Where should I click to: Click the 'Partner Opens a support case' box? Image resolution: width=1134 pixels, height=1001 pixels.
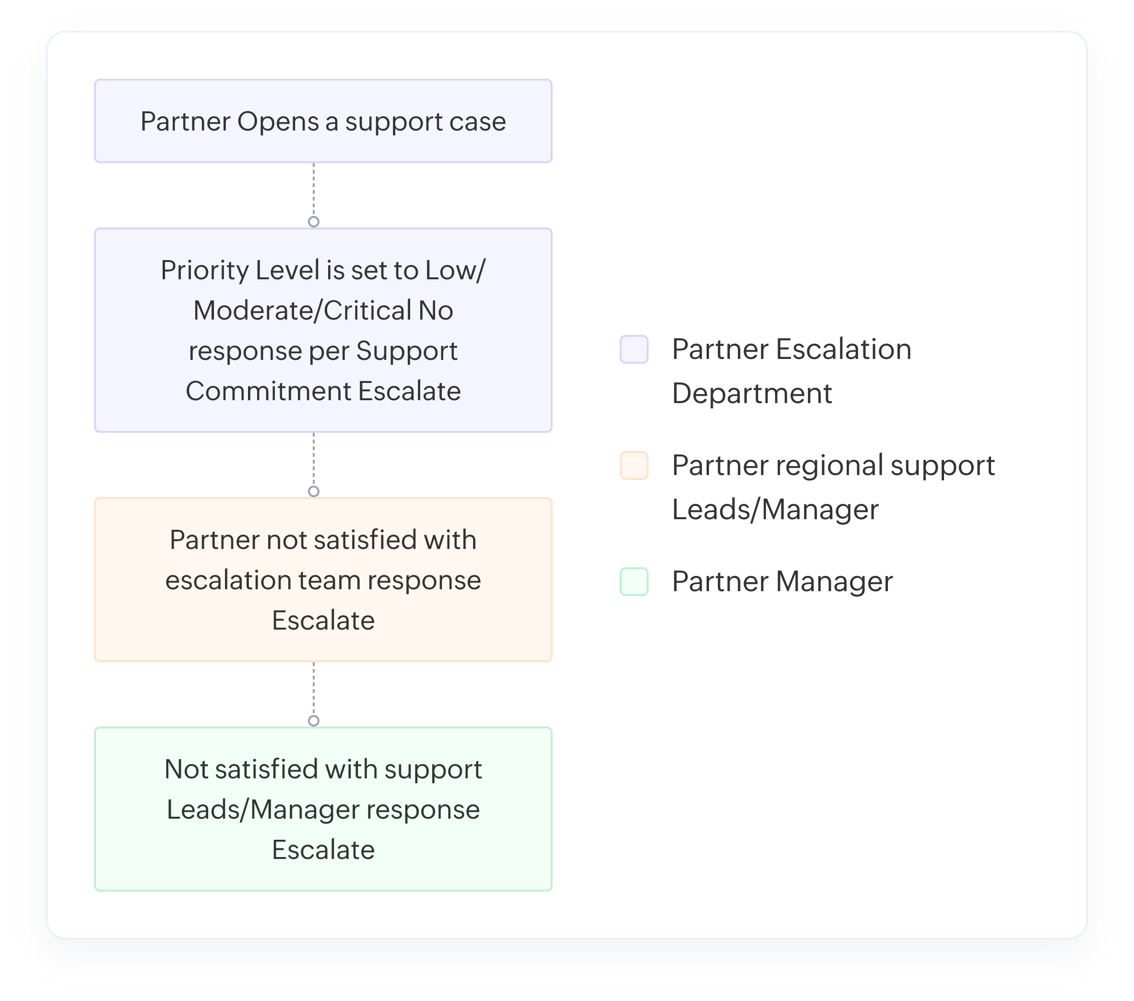tap(323, 121)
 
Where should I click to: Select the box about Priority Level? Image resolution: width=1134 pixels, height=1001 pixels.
tap(323, 330)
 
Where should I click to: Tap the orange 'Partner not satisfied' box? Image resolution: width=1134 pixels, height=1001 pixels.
tap(323, 580)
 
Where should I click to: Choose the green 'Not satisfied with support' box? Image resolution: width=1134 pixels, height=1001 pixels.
tap(323, 809)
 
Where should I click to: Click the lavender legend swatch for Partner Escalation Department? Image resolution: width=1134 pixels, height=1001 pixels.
tap(634, 349)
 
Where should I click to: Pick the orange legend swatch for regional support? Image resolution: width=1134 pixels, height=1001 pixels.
tap(634, 465)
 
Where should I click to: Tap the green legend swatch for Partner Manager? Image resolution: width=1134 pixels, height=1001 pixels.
tap(634, 582)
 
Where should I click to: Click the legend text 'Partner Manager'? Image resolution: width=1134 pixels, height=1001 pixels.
tap(782, 582)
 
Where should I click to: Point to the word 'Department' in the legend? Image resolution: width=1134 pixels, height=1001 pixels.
tap(752, 393)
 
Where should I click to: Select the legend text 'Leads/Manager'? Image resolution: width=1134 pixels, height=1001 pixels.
tap(775, 510)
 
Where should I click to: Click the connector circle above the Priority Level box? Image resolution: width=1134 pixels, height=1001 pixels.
tap(313, 221)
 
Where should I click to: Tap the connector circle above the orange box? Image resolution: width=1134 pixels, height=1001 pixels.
tap(313, 491)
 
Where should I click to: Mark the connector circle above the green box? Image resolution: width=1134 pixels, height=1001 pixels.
tap(313, 721)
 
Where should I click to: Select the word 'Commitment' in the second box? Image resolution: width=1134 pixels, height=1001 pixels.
tap(268, 391)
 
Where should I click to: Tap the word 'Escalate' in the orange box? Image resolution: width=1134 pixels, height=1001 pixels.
tap(323, 620)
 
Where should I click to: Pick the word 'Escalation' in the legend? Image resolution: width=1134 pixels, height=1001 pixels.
tap(843, 349)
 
